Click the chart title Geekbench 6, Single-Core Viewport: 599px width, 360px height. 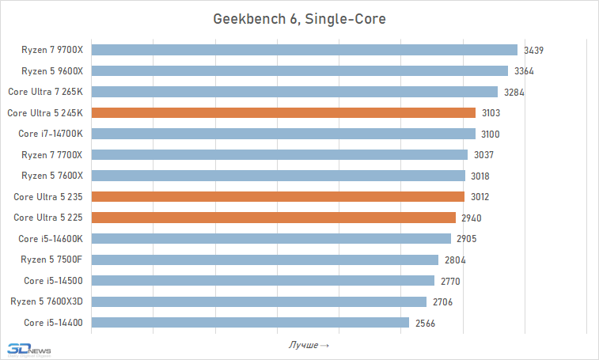pos(299,18)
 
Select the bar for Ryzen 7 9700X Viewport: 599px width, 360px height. pos(305,50)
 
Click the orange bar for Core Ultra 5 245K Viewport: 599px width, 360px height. pos(284,112)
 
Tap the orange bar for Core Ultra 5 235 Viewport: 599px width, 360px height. pos(279,196)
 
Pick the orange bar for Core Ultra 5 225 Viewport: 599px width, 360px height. pos(274,218)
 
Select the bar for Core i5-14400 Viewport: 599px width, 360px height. pos(251,322)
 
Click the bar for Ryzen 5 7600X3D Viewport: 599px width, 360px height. pos(260,301)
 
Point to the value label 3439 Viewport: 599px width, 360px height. pos(534,51)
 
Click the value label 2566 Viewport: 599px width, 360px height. pos(426,323)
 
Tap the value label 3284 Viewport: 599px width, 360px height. pos(514,93)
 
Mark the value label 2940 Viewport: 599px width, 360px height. pos(472,218)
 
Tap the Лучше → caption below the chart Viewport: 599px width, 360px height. pos(308,345)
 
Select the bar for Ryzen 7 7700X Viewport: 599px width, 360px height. pos(280,154)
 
